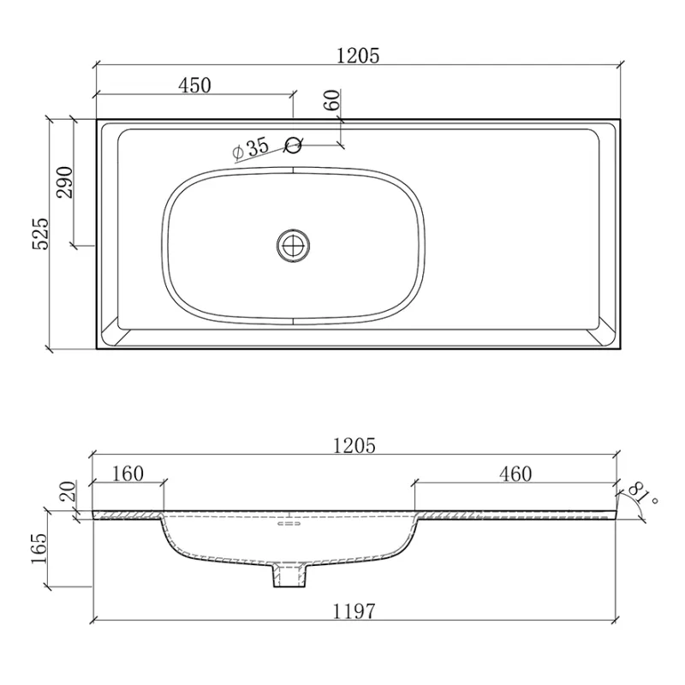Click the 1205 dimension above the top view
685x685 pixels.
pos(358,56)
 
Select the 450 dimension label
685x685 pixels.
pos(195,85)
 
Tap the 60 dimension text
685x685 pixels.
pos(332,100)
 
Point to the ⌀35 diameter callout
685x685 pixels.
pos(251,148)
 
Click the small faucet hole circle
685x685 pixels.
pos(293,145)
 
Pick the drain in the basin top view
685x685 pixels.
pos(293,246)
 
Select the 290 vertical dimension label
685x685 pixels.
pos(65,182)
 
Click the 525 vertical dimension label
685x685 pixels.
pos(41,234)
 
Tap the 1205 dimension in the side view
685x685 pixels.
pos(354,445)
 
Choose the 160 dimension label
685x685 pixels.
pos(128,474)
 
